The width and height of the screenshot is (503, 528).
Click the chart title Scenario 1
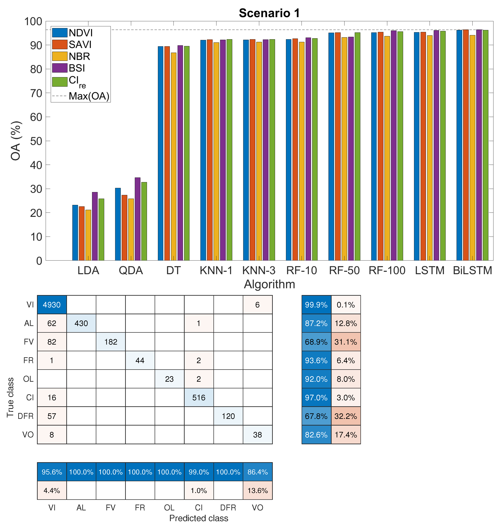[269, 13]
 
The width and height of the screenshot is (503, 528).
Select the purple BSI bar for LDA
[95, 226]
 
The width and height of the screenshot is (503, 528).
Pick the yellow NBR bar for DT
[174, 157]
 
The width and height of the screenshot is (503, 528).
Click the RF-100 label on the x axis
[387, 270]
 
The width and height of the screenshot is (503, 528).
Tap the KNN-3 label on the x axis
[259, 270]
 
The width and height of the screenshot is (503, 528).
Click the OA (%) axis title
[15, 141]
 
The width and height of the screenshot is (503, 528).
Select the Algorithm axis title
[269, 284]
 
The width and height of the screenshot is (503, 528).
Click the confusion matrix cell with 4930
[52, 305]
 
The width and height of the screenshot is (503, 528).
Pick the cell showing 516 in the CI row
[199, 398]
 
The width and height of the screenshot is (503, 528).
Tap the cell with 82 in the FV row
[52, 342]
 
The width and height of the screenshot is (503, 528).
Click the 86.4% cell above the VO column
[257, 472]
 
